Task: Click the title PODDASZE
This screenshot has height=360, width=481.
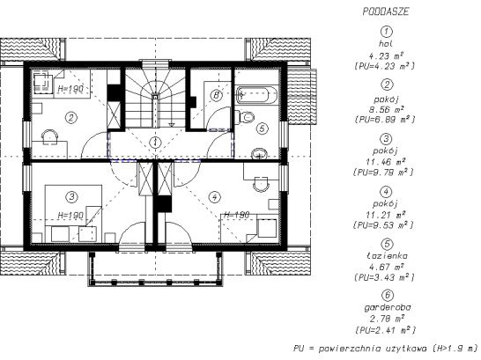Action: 386,11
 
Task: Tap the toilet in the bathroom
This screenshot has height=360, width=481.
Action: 247,117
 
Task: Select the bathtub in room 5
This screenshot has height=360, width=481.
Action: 256,94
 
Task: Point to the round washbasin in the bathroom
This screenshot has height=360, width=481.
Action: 259,153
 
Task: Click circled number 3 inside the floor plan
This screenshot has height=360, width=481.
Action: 71,196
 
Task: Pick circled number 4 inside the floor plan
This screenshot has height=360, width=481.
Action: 214,197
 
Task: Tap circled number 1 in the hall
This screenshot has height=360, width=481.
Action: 156,143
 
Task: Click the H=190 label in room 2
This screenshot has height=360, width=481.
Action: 70,89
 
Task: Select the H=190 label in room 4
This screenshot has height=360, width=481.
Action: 236,215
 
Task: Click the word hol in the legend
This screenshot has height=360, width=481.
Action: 386,44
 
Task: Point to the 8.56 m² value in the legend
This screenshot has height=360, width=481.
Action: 386,109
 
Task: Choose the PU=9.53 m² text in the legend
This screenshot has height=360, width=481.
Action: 383,225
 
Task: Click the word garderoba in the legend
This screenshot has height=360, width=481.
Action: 387,307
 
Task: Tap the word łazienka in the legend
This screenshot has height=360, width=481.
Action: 387,255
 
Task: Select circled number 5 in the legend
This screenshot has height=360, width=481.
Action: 387,244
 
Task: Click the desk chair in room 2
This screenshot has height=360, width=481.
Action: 50,136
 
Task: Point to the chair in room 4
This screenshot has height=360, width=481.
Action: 261,184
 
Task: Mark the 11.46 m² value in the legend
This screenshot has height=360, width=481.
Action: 386,161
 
